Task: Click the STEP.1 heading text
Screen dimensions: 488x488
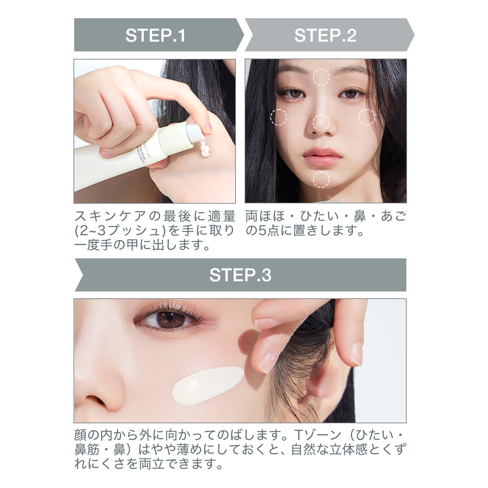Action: [155, 35]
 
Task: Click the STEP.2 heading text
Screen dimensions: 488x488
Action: [325, 35]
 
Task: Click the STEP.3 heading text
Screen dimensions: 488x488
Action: [240, 275]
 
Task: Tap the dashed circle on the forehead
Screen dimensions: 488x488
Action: [321, 77]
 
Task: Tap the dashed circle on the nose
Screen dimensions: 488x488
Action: [321, 123]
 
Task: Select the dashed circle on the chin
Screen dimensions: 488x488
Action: [321, 180]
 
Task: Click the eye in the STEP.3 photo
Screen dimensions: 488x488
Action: [169, 319]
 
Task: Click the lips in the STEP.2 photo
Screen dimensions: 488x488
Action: [322, 156]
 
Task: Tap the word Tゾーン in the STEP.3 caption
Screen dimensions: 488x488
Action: [317, 435]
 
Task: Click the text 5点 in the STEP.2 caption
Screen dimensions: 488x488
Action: [267, 231]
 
